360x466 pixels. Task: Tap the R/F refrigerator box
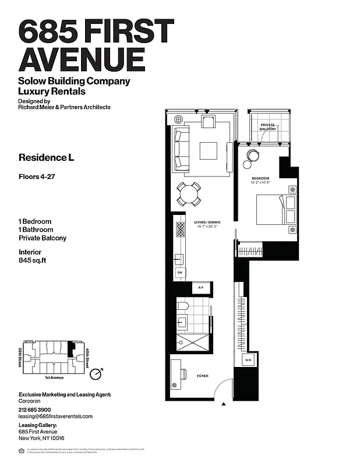tap(201, 288)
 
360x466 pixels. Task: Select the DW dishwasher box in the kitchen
tap(180, 273)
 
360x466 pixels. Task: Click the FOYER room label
tap(202, 376)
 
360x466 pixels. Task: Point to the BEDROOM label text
tap(260, 178)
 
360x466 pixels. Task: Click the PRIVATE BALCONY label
tap(268, 128)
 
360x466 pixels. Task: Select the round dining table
tap(189, 194)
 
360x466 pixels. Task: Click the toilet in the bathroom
tap(182, 305)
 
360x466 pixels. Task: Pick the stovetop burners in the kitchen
tap(180, 231)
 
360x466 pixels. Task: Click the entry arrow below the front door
tap(224, 403)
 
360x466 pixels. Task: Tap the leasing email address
tap(55, 416)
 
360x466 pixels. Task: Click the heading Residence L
tap(47, 157)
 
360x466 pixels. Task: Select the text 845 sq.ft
tap(32, 260)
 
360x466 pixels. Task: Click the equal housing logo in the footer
tap(22, 450)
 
